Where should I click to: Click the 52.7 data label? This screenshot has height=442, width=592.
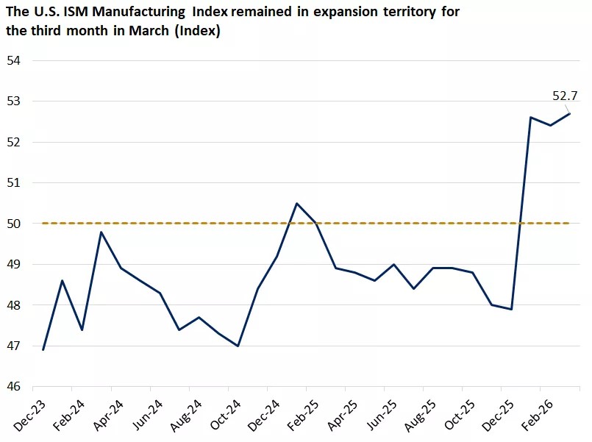[565, 96]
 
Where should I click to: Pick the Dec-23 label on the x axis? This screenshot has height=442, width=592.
[27, 415]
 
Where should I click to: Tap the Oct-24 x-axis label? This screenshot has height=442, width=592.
[223, 415]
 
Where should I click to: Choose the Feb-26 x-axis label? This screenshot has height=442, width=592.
[535, 415]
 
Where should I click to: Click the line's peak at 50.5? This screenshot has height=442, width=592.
[296, 203]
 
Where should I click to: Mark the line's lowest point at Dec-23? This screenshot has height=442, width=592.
[43, 350]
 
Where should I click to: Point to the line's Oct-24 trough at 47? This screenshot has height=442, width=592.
[238, 346]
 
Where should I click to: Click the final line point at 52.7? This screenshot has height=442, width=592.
[570, 113]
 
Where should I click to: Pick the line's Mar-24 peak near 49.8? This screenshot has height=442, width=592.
[101, 232]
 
